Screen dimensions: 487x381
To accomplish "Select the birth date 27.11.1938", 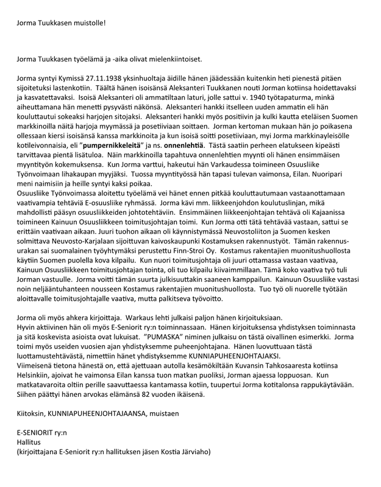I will tap(92, 79).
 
